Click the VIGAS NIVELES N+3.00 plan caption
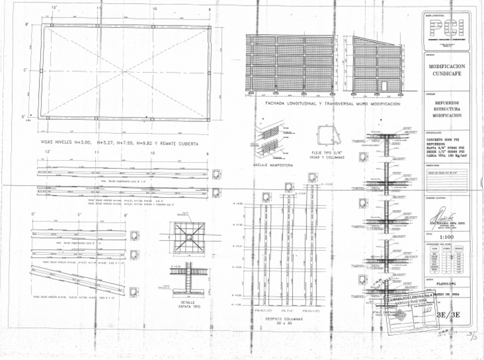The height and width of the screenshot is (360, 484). coord(120,143)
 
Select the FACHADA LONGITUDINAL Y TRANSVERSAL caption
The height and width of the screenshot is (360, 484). coord(333,103)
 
